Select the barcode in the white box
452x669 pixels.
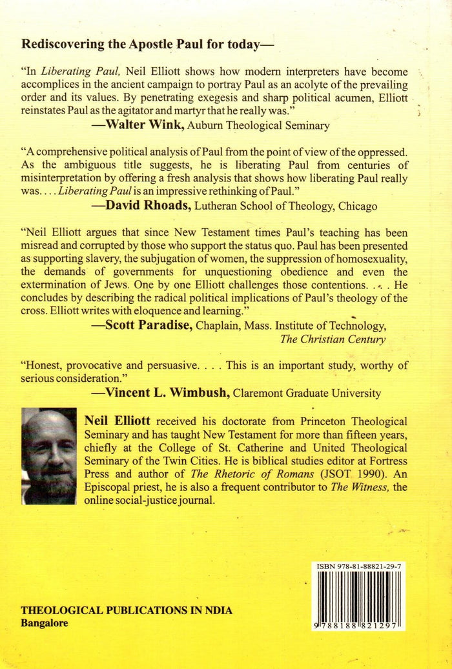tap(358, 597)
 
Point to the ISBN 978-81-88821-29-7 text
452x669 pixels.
tap(358, 566)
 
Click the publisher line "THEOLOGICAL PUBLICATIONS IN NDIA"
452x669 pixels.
tap(127, 610)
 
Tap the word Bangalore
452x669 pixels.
tap(45, 623)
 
